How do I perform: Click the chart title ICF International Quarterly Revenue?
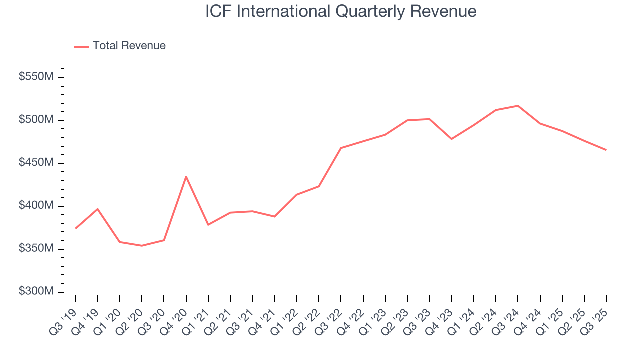(341, 12)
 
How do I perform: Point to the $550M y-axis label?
(36, 77)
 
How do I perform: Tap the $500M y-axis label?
(36, 120)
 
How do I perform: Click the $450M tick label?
(36, 163)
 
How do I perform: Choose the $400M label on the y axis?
(36, 206)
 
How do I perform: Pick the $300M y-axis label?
(36, 292)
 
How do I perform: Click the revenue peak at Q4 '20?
(186, 177)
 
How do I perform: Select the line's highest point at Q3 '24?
(518, 106)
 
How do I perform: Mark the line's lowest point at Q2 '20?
(142, 246)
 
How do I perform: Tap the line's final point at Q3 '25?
(606, 150)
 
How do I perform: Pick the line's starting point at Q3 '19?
(76, 228)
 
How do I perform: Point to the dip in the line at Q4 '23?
(451, 139)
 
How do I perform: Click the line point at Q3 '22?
(341, 148)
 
